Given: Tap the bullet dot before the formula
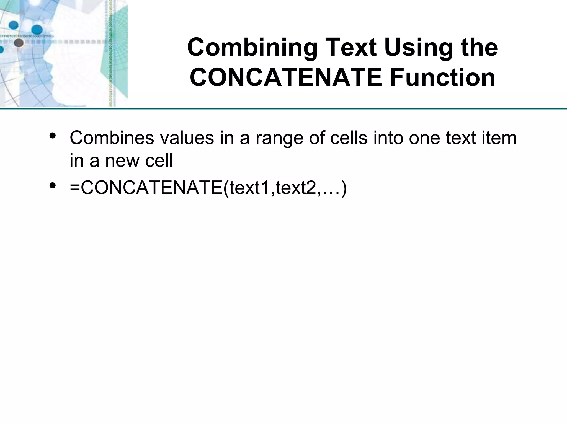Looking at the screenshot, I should [52, 186].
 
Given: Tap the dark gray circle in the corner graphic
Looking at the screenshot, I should [19, 43].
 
